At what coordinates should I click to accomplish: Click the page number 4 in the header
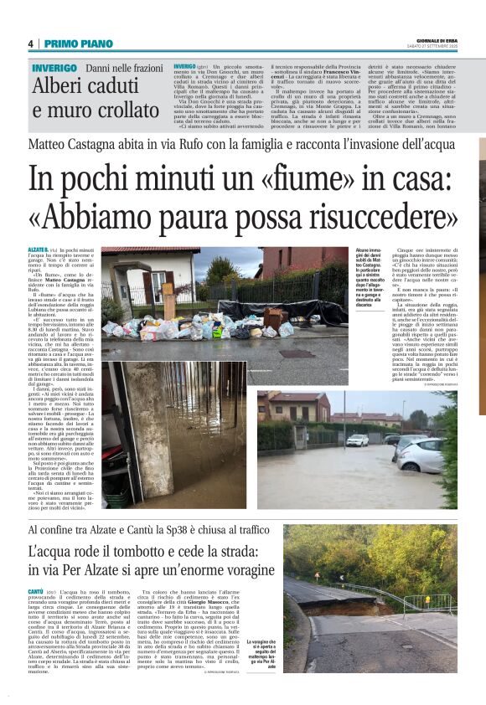[30, 44]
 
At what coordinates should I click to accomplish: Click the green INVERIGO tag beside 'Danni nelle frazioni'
[54, 67]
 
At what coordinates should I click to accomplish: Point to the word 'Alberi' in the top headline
[60, 86]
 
